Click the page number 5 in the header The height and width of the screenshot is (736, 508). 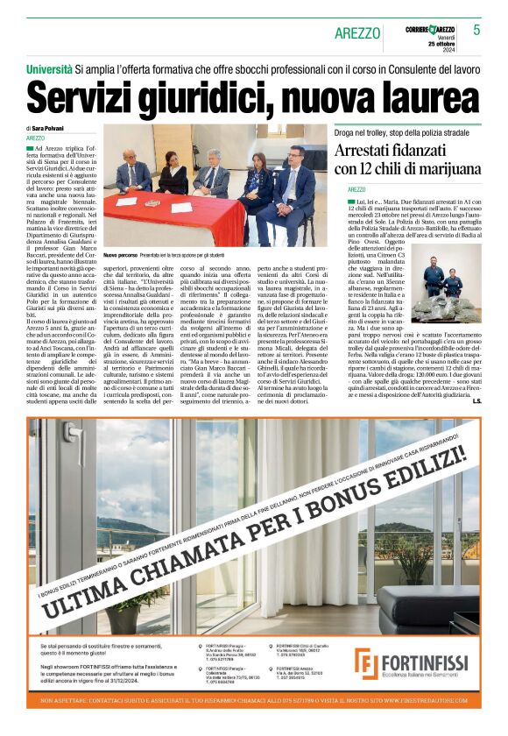coord(476,30)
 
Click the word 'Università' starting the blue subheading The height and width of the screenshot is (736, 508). coord(49,67)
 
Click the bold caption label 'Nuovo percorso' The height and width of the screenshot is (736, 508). coord(123,254)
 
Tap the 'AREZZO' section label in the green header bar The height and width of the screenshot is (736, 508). coord(357,33)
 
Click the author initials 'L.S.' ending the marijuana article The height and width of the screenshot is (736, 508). coord(476,400)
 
